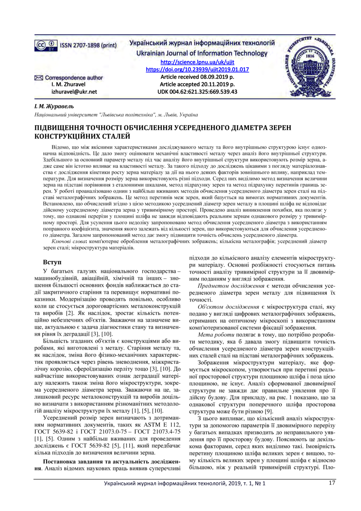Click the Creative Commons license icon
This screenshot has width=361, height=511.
46,45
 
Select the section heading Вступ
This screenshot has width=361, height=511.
53,262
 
